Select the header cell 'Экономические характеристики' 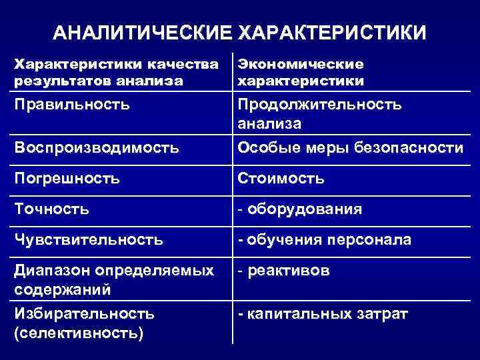coord(301,73)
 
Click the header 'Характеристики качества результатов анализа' coord(117,73)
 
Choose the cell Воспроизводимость coord(97,147)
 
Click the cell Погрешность coord(67,178)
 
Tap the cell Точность coord(52,209)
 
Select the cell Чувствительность coord(88,239)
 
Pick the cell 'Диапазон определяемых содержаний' coord(113,281)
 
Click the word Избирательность coord(84,313)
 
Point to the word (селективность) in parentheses coord(79,331)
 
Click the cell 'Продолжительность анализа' coord(319,114)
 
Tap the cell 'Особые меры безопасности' coord(349,147)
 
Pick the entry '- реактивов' coord(283,271)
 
